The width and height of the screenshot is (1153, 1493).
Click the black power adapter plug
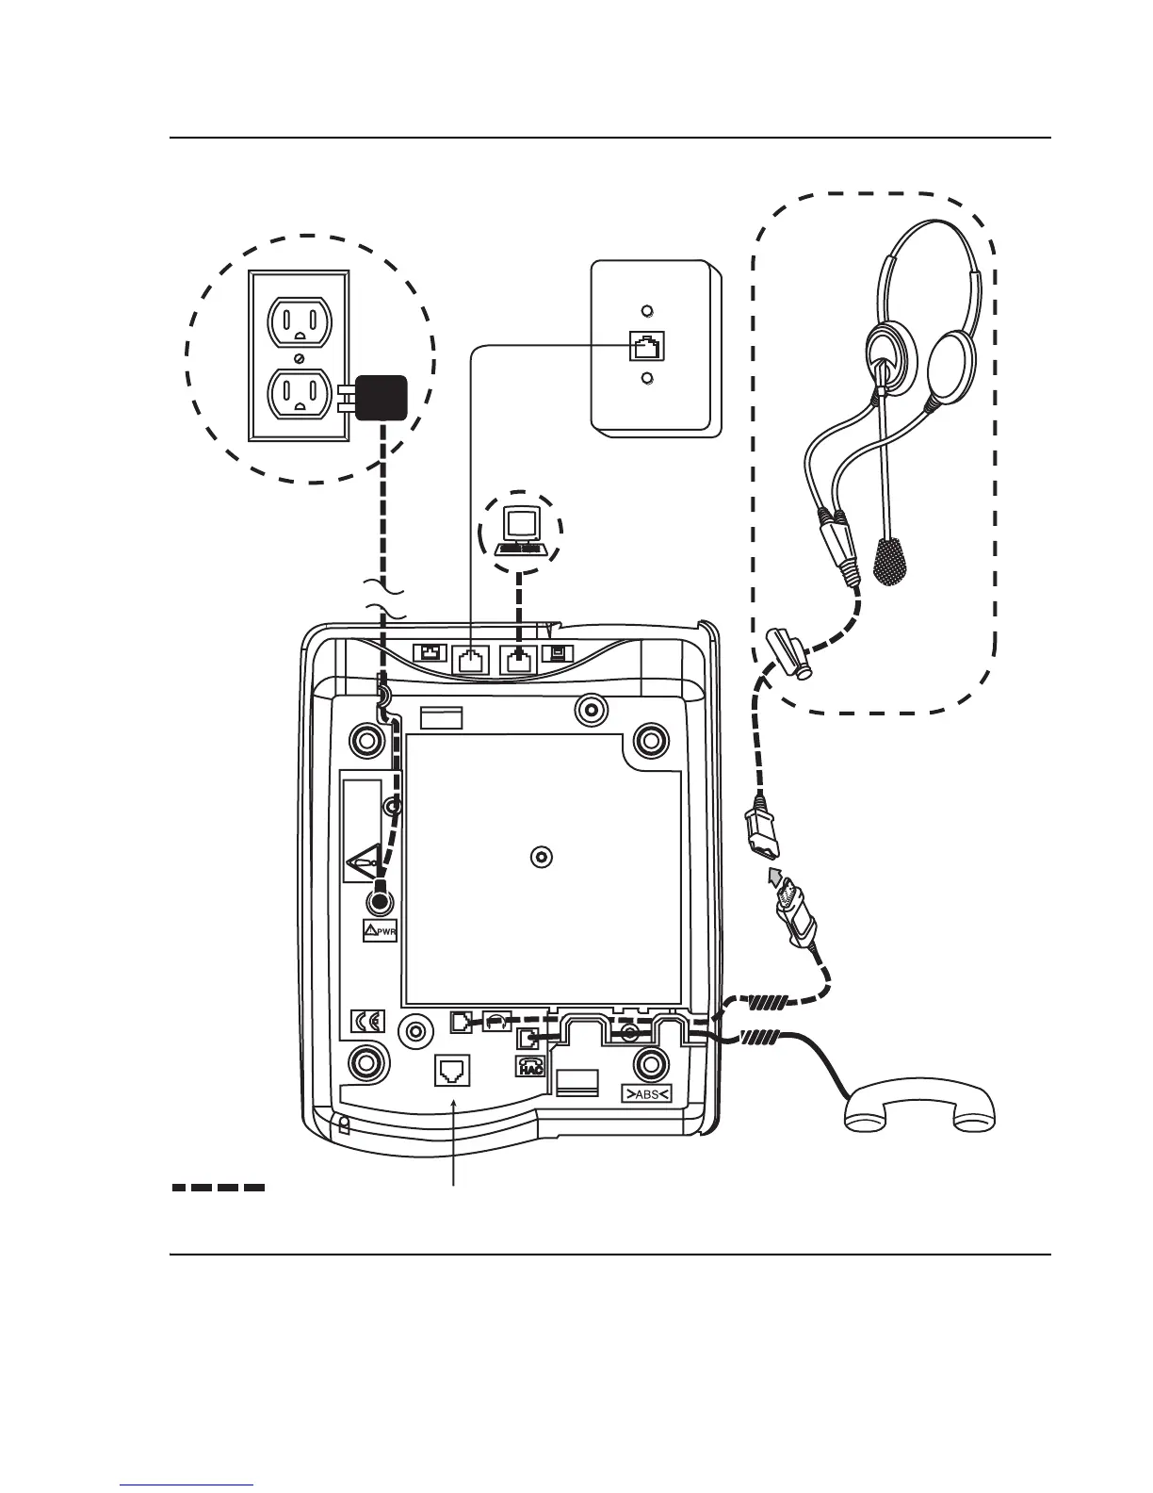380,398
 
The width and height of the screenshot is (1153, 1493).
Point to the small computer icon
521,531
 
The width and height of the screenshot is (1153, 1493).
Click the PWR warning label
381,932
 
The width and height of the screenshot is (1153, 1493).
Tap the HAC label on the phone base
528,1066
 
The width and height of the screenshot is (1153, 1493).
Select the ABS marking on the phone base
645,1094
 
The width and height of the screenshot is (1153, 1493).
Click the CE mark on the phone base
368,1021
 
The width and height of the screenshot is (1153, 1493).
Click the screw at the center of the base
541,857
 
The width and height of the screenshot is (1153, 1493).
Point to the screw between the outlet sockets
299,359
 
